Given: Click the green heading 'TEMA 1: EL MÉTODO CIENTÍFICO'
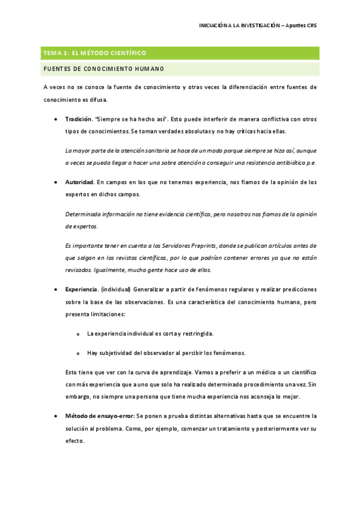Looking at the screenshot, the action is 94,54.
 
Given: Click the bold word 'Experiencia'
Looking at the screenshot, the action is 81,289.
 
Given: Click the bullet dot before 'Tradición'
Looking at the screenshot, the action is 56,119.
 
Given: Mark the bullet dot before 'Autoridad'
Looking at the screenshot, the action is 56,182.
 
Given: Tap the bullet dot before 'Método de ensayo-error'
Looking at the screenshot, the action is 56,416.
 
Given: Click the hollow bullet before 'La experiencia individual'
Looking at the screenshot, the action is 78,333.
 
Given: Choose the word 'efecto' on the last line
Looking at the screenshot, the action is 75,440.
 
